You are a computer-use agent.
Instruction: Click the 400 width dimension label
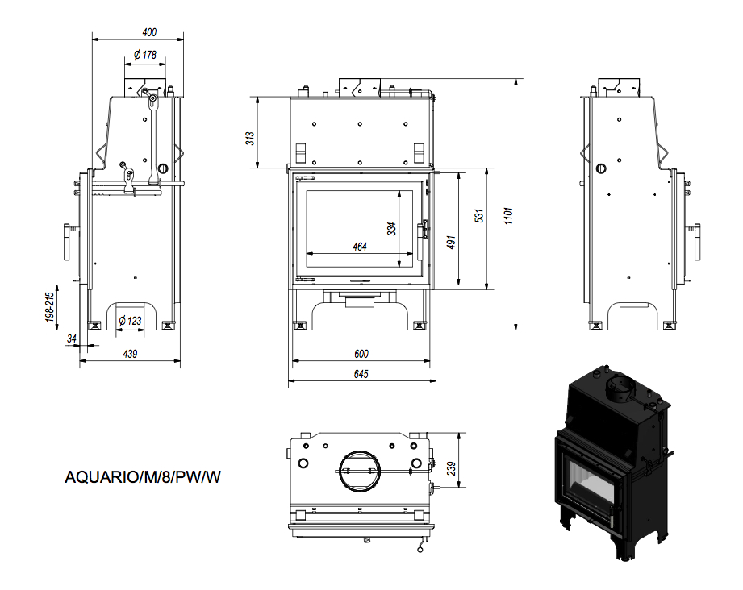pos(149,32)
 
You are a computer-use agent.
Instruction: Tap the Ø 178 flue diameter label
pos(145,55)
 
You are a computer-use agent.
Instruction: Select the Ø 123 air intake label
pos(130,321)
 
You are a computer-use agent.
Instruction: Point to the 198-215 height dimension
pos(50,307)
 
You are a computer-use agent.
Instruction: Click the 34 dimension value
pos(72,339)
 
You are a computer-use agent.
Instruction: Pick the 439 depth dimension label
pos(130,354)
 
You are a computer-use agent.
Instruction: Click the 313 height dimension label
pos(250,139)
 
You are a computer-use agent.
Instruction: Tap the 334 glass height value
pos(391,229)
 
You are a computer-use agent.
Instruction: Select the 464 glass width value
pos(360,247)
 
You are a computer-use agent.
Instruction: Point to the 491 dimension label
pos(451,242)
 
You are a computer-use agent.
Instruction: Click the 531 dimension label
pos(479,215)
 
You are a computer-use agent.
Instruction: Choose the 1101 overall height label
pos(508,215)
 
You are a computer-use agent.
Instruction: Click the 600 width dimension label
pos(361,354)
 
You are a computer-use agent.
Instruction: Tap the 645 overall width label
pos(361,374)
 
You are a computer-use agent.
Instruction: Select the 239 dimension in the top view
pos(451,469)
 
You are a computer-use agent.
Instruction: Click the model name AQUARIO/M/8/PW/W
pos(143,477)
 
